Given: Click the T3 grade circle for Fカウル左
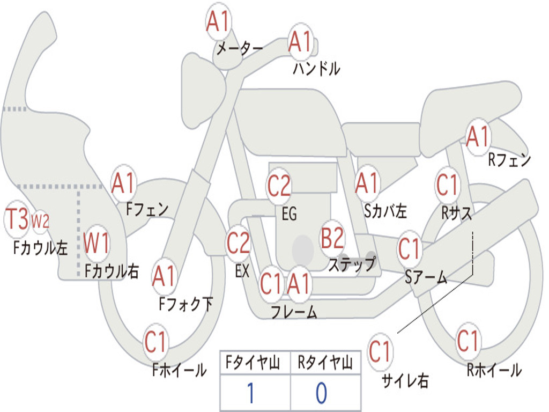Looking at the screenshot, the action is click(x=17, y=220).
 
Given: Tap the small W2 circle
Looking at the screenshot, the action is click(x=40, y=220).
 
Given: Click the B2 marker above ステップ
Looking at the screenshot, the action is click(x=332, y=238).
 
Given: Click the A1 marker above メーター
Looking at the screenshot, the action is click(x=218, y=23).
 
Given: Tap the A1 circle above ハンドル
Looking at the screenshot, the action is click(x=300, y=42).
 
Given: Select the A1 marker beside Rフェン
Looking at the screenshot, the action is click(x=478, y=137).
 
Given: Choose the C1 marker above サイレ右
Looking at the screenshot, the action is click(x=380, y=352).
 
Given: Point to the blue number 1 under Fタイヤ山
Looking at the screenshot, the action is click(x=250, y=393).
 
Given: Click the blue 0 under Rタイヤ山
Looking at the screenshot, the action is click(x=321, y=393).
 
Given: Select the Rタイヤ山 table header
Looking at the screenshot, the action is click(x=325, y=364).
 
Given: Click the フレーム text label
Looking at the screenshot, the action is click(x=294, y=312).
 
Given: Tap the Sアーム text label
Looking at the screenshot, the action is click(x=426, y=277).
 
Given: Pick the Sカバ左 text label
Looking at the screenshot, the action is click(x=385, y=211).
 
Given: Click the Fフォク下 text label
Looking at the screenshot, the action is click(x=186, y=304).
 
